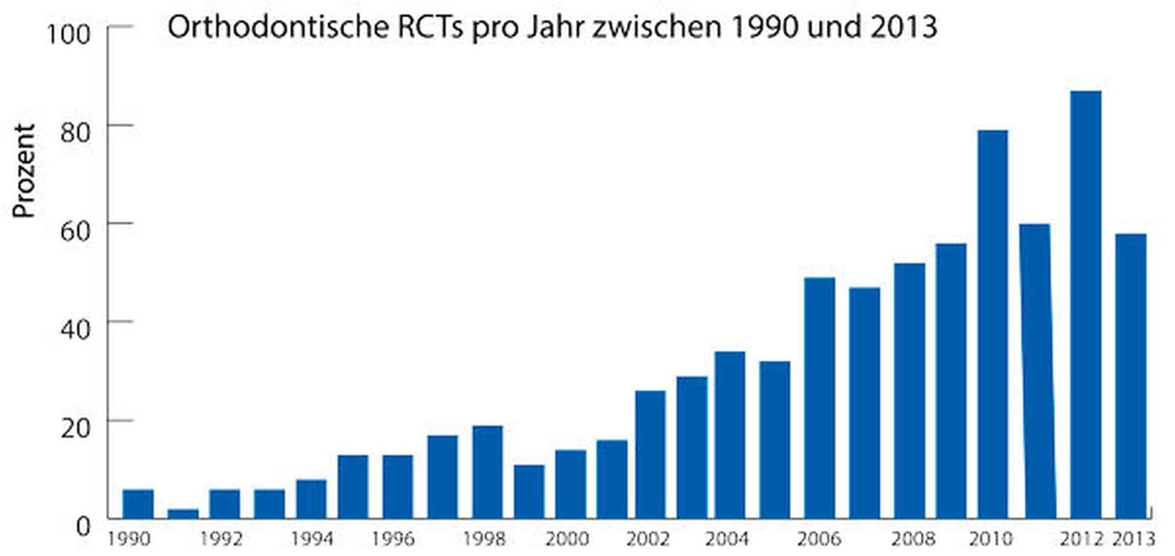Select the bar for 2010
(993, 324)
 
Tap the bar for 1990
(138, 503)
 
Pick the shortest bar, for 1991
(183, 513)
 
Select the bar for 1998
(487, 472)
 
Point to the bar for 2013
(1130, 376)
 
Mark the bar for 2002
(650, 455)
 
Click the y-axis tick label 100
(68, 33)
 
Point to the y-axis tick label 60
(75, 231)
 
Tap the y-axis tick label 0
(83, 526)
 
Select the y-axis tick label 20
(75, 427)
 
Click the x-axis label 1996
(393, 539)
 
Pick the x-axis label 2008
(913, 539)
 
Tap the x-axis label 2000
(566, 539)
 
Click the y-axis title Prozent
(23, 171)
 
